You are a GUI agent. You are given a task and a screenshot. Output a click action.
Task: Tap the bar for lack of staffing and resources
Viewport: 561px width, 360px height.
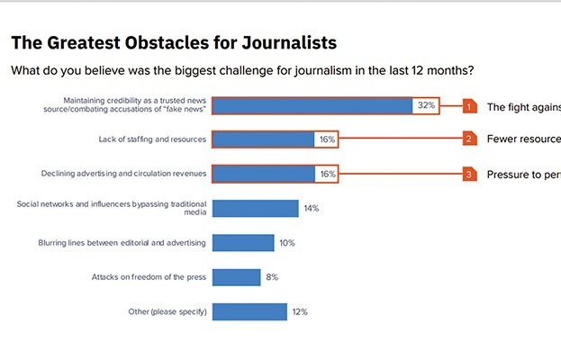(x=264, y=139)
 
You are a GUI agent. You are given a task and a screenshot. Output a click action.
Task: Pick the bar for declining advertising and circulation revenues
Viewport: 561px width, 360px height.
(x=264, y=174)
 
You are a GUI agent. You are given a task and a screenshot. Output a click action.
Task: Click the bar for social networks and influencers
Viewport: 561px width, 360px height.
(x=256, y=208)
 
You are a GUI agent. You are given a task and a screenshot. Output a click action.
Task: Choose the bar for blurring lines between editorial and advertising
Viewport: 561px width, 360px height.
(x=244, y=243)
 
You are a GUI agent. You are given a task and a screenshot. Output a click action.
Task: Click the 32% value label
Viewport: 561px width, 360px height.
(x=426, y=105)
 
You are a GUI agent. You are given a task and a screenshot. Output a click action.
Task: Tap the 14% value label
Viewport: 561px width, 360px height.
(x=312, y=208)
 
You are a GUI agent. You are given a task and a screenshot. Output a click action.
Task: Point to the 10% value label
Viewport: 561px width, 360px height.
(x=287, y=243)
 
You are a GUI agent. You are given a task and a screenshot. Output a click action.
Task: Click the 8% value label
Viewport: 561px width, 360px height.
(x=272, y=277)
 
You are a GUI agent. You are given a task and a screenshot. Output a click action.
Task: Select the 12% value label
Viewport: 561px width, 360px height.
(x=300, y=311)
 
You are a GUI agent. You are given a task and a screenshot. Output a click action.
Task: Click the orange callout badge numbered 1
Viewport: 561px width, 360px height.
(x=469, y=105)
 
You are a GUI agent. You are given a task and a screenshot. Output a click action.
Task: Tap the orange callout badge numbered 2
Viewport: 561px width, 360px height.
(x=469, y=139)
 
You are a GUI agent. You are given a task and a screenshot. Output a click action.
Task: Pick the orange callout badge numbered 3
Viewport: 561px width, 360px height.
(x=469, y=174)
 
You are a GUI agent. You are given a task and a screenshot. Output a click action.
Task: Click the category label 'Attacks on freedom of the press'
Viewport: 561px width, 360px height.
(x=149, y=277)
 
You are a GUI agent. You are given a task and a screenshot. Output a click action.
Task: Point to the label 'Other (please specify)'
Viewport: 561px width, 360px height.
(x=168, y=311)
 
